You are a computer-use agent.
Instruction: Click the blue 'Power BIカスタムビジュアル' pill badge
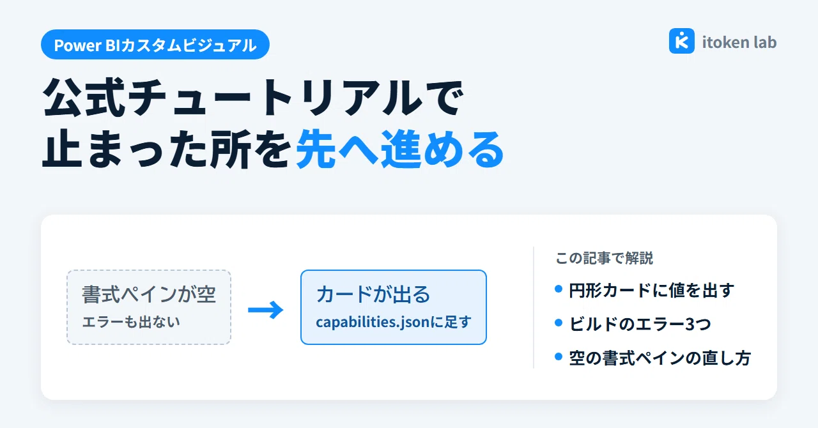(155, 45)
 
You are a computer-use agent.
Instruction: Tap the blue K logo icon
(682, 41)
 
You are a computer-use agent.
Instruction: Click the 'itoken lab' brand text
(739, 42)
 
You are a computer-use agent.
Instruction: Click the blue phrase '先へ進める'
(400, 149)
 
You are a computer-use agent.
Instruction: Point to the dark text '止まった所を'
(167, 149)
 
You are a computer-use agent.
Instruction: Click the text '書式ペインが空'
(149, 294)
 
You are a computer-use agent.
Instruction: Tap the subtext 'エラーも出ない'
(131, 322)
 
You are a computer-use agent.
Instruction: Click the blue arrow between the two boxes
(265, 310)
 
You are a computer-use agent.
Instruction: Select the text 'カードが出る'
(373, 294)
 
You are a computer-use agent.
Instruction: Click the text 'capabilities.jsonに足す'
(394, 322)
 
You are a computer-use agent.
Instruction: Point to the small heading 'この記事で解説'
(605, 258)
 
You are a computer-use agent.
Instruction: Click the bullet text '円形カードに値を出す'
(651, 291)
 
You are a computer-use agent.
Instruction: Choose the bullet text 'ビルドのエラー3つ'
(640, 325)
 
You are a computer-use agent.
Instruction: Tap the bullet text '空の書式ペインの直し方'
(660, 358)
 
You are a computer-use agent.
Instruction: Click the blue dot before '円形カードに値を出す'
(559, 289)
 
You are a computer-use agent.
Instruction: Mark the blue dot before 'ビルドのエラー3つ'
(559, 323)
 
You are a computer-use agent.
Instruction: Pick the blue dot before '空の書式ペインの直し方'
(559, 356)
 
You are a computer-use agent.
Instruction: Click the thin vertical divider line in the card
(534, 307)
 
